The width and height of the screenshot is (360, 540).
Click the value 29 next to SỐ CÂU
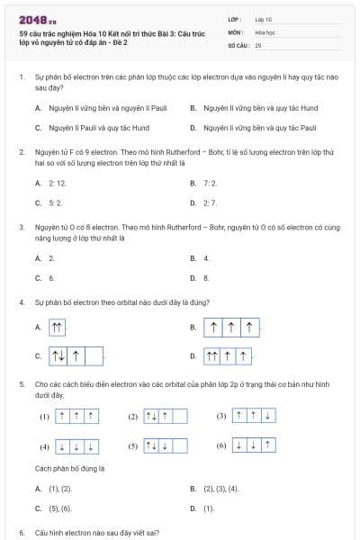click(258, 44)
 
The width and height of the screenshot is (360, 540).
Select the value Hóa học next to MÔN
click(264, 31)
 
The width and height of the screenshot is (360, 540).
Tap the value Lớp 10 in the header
click(263, 18)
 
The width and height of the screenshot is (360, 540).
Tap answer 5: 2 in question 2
click(55, 202)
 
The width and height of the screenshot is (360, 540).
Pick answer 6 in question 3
click(51, 278)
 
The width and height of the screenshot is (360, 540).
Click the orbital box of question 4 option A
click(58, 328)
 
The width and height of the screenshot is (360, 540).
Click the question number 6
click(22, 533)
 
